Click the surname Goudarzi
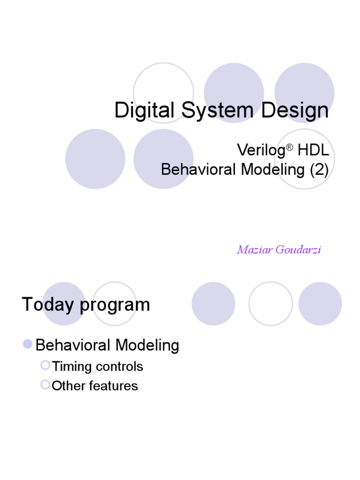(x=298, y=249)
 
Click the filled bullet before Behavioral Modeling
(x=28, y=345)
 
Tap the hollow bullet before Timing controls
(x=45, y=365)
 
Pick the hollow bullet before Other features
(x=45, y=385)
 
